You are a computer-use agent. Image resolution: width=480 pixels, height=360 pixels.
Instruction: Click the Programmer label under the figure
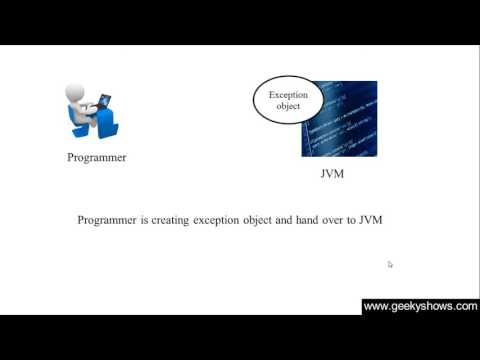click(x=97, y=157)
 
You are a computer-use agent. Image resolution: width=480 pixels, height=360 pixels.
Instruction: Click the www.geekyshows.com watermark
click(x=420, y=307)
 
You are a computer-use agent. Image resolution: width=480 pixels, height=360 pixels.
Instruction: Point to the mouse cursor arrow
click(x=390, y=264)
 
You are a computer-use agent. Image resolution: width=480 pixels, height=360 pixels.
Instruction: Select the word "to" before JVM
click(x=353, y=220)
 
